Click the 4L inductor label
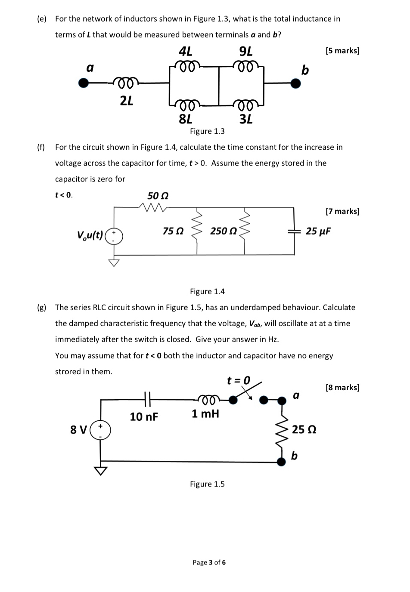click(x=185, y=52)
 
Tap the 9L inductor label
click(x=245, y=52)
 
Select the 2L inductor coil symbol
click(x=126, y=81)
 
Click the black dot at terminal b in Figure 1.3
click(x=295, y=83)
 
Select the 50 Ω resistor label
click(x=158, y=196)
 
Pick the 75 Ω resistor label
click(x=173, y=231)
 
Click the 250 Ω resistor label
click(x=224, y=231)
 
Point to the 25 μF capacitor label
click(x=318, y=231)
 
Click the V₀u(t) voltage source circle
click(x=114, y=236)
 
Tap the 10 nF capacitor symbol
click(x=146, y=400)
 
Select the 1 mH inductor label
click(x=205, y=414)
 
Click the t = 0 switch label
click(x=238, y=380)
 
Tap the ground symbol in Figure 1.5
click(x=101, y=471)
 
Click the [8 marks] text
click(x=342, y=388)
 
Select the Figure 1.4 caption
click(x=207, y=292)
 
